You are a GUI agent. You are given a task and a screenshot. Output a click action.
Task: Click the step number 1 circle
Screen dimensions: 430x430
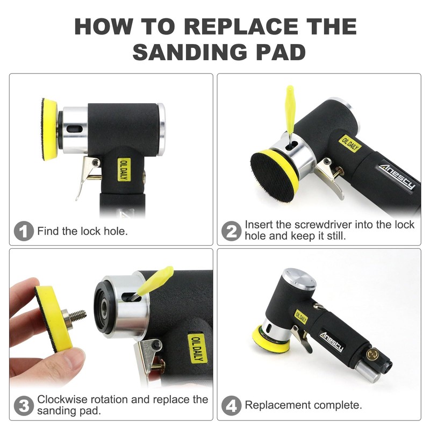pos(24,232)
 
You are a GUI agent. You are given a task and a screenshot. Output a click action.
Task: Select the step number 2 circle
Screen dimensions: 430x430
pos(231,232)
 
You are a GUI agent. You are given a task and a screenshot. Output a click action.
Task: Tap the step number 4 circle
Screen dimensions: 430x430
pos(231,405)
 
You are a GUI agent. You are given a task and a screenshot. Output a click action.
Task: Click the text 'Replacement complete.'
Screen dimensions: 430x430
pos(303,405)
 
